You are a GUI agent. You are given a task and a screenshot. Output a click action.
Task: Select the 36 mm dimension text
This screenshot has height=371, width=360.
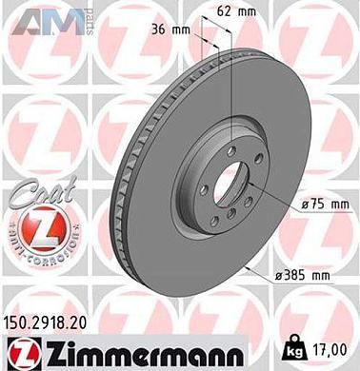click(x=169, y=29)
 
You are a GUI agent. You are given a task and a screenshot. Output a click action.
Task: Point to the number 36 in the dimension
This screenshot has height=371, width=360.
click(x=160, y=29)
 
